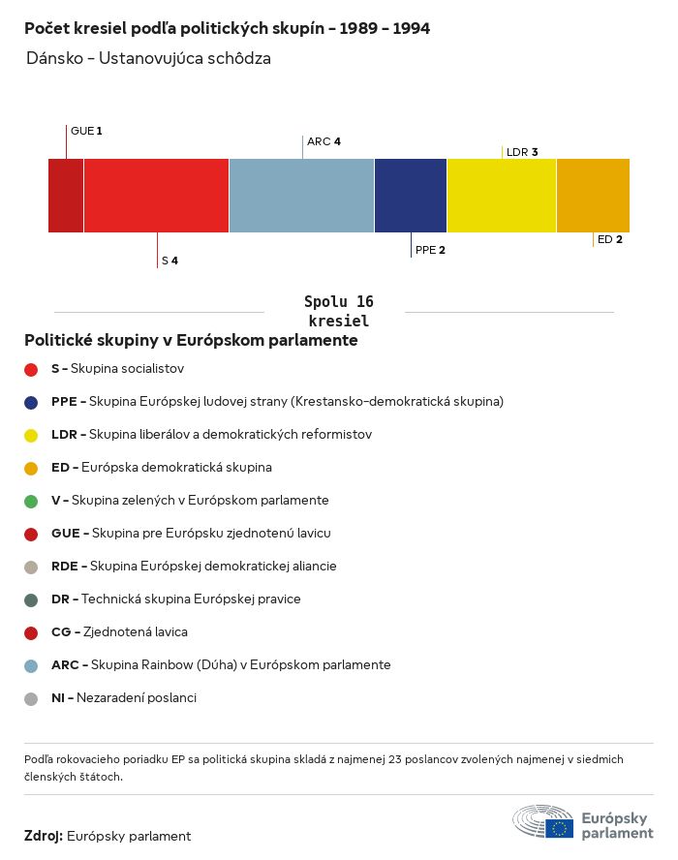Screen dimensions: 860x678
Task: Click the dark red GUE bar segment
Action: coord(66,196)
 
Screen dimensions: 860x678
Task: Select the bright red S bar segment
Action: coord(156,196)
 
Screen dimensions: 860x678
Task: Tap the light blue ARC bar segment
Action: coord(301,196)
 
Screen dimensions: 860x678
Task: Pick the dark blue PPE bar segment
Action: coord(411,196)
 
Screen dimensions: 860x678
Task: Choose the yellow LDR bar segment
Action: coord(502,196)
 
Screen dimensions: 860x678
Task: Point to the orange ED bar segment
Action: coord(593,196)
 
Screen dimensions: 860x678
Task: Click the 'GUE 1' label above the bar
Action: coord(86,131)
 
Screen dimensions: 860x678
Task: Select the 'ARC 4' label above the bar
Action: coord(324,141)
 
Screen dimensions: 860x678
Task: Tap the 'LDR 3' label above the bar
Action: coord(522,152)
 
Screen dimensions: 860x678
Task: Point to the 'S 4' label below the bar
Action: coord(169,261)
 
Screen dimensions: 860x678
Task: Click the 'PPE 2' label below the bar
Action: coord(430,250)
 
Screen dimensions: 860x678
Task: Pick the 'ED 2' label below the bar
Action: coord(610,239)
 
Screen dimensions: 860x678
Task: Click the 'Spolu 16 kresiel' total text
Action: coord(338,312)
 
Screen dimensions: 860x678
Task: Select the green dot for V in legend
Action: coord(31,501)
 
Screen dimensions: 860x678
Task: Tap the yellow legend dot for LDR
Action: coord(31,435)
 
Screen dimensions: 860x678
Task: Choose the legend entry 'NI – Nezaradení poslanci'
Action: coord(123,698)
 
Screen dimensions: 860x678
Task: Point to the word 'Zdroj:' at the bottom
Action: coord(44,836)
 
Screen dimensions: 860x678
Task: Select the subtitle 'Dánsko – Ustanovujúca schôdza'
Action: coord(148,59)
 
